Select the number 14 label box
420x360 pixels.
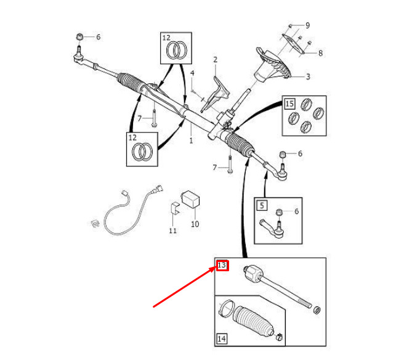point(222,338)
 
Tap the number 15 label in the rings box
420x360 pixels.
point(289,103)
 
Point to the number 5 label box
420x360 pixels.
point(262,205)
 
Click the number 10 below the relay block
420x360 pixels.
point(195,224)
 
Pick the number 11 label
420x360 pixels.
point(173,231)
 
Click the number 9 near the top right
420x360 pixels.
point(307,25)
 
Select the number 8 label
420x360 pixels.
point(320,53)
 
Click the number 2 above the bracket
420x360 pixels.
point(216,60)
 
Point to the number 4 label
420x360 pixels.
point(192,73)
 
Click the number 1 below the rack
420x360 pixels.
point(191,141)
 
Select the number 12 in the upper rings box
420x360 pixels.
point(166,38)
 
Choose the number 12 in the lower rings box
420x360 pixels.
point(132,137)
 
